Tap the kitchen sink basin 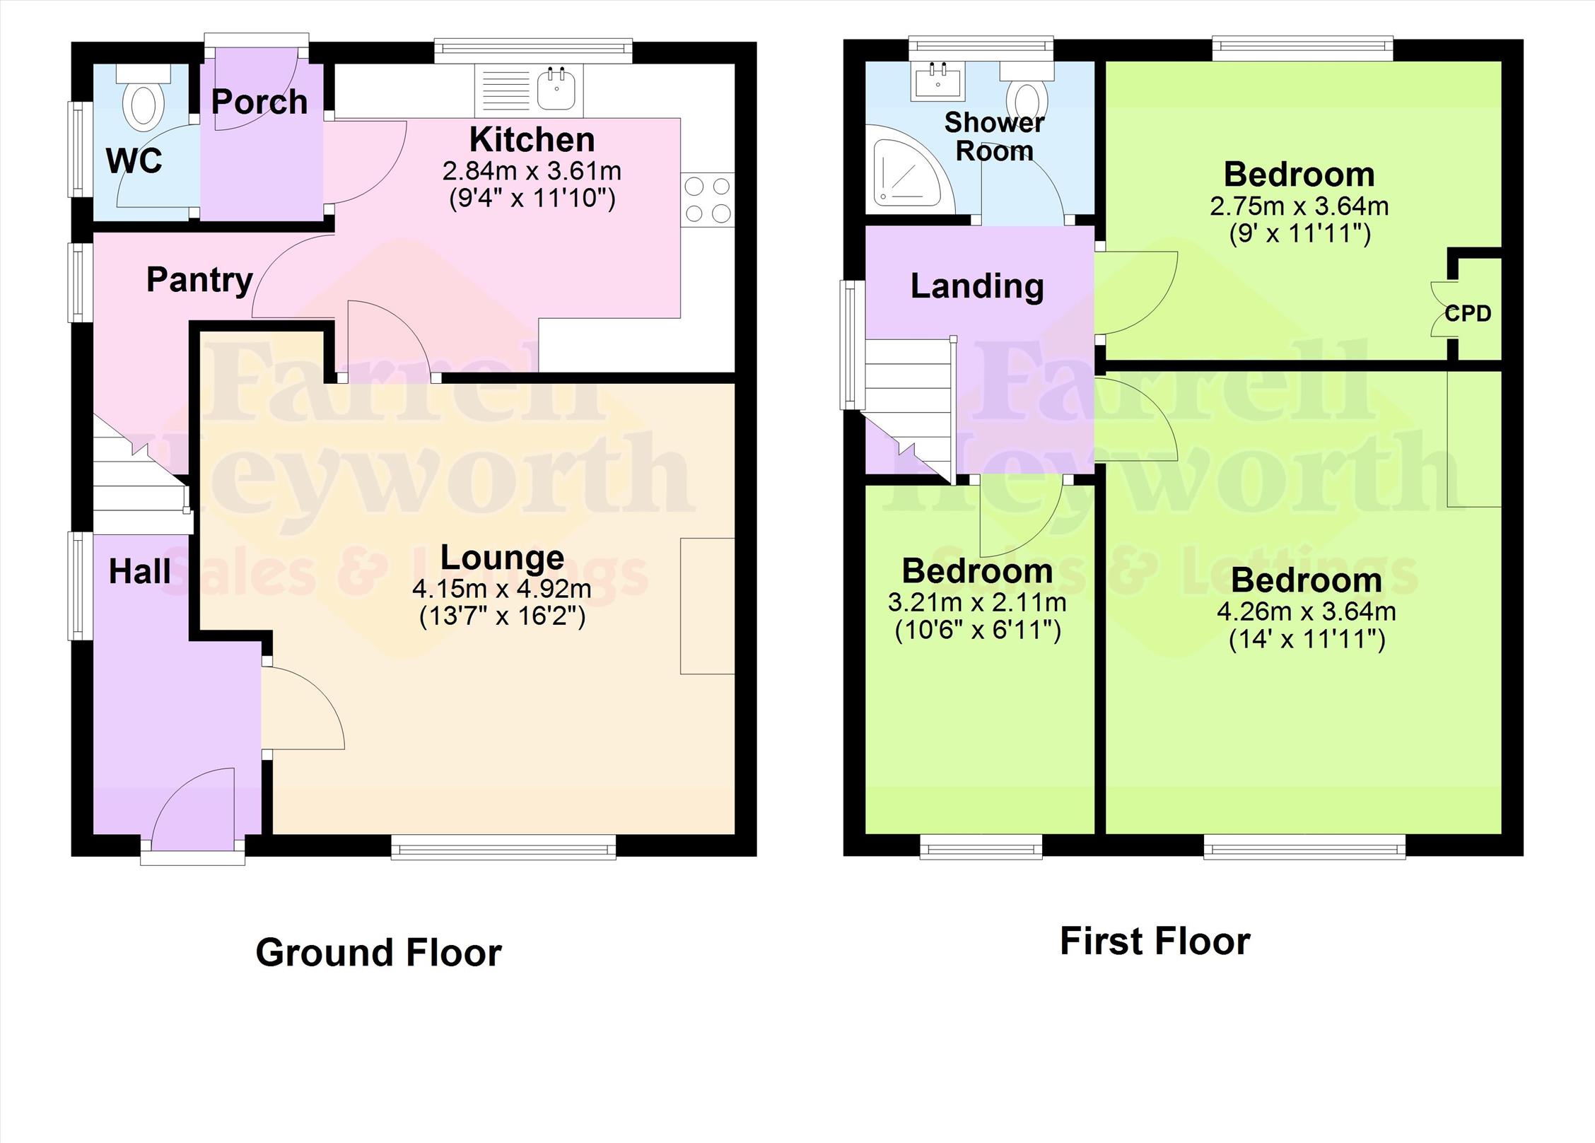(x=556, y=90)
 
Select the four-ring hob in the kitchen (x=708, y=200)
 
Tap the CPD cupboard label (x=1468, y=313)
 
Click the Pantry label (x=199, y=280)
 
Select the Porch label (x=259, y=102)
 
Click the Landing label (x=977, y=286)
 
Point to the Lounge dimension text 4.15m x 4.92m (x=502, y=588)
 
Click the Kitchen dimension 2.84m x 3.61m (x=532, y=170)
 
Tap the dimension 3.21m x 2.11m (x=977, y=602)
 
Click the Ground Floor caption (x=379, y=953)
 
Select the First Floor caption (x=1155, y=942)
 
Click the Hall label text (x=139, y=571)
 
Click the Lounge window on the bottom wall (x=503, y=846)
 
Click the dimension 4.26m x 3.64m (x=1306, y=611)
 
